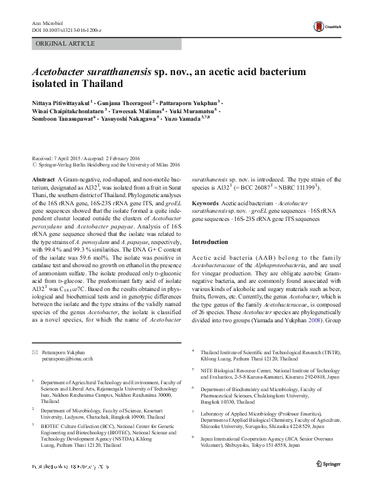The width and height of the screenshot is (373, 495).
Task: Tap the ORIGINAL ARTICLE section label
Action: [66, 44]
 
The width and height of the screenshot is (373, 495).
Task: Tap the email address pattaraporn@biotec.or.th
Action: [68, 359]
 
